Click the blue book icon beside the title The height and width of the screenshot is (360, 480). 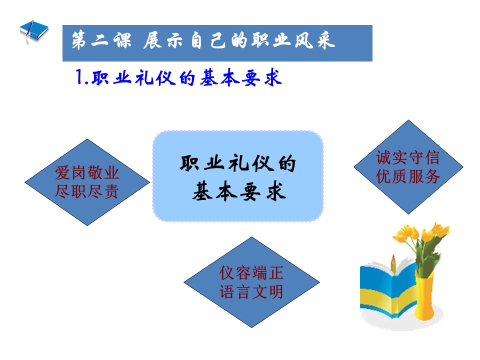[34, 31]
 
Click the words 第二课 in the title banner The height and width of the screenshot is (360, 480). [101, 40]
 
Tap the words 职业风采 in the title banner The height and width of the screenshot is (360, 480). [293, 40]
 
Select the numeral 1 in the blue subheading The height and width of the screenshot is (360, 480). [79, 76]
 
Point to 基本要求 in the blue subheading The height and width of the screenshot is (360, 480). [240, 78]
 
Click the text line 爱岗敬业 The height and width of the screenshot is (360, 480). [87, 172]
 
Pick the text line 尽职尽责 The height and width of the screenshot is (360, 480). [87, 191]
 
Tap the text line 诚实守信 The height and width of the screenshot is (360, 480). [408, 157]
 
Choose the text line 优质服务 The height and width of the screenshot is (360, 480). [408, 176]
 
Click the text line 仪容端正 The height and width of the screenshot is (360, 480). [251, 273]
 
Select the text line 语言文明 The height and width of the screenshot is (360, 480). [251, 291]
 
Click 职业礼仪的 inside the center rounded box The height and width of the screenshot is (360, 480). [238, 163]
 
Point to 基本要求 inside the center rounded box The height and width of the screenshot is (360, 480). [239, 191]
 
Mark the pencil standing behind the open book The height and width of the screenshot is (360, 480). [393, 264]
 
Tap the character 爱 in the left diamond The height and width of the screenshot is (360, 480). [63, 172]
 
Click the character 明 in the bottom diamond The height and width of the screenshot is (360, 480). [275, 291]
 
